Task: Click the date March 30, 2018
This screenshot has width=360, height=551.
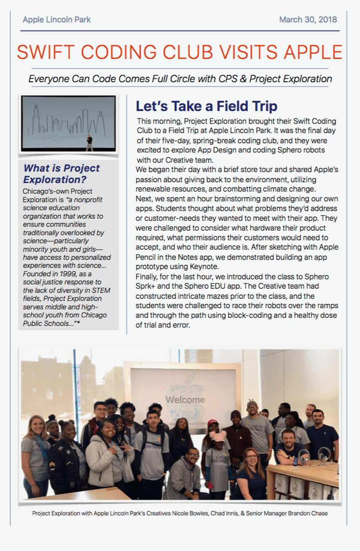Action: pos(308,20)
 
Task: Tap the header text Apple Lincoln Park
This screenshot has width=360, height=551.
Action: pos(57,20)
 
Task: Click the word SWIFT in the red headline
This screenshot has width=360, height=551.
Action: pos(45,53)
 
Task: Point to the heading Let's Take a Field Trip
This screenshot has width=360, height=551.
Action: pos(206,106)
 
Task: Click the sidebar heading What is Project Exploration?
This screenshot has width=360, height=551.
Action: pos(61,173)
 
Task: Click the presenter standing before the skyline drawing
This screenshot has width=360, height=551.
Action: pos(89,142)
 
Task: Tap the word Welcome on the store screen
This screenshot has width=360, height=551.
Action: pos(185,399)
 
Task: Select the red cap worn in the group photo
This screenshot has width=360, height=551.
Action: pos(212,423)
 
